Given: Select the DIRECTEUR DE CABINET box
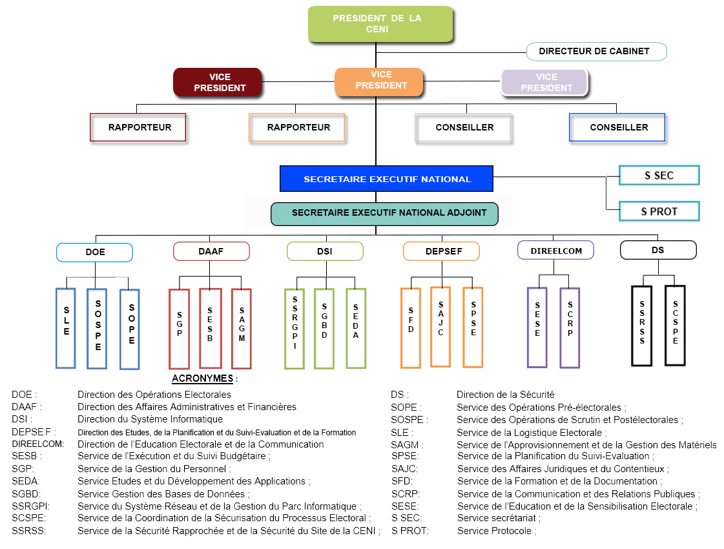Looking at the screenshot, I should click(594, 51).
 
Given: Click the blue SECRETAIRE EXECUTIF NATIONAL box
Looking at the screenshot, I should click(386, 179).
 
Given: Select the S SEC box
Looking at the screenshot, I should click(659, 176).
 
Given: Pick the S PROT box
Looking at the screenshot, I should click(659, 211).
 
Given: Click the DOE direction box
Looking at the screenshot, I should click(95, 252).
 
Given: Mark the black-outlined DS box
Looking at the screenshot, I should click(657, 249).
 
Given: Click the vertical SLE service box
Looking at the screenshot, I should click(65, 329).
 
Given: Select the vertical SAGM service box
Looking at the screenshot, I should click(241, 329).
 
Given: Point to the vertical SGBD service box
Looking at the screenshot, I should click(324, 328).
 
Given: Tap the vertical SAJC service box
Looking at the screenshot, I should click(440, 326).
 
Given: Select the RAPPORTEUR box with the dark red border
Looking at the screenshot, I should click(138, 127).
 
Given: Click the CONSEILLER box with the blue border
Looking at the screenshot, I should click(617, 127).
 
